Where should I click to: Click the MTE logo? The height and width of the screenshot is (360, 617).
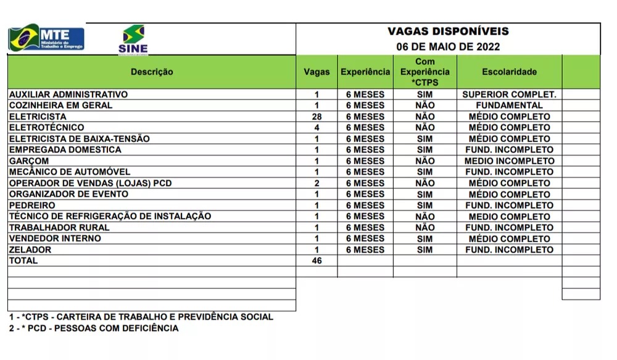tap(46, 38)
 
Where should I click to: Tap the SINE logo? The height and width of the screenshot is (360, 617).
tap(133, 40)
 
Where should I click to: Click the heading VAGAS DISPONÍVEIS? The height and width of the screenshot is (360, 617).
tap(448, 31)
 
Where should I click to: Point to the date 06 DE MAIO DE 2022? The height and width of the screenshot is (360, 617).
tap(448, 46)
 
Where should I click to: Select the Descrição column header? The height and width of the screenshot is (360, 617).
tap(152, 72)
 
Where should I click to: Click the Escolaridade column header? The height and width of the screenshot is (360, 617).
tap(509, 72)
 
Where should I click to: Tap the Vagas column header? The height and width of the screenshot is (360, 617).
tap(317, 72)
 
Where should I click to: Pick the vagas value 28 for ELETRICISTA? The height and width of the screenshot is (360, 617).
tap(317, 117)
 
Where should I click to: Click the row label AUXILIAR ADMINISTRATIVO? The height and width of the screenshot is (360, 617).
tap(68, 94)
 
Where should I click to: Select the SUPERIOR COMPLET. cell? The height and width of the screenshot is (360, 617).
tap(509, 94)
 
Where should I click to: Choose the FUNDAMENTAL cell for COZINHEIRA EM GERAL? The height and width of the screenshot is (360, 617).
tap(509, 106)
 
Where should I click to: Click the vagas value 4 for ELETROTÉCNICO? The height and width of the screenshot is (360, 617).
tap(317, 128)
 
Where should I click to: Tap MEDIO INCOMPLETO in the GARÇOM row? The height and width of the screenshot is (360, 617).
tap(509, 161)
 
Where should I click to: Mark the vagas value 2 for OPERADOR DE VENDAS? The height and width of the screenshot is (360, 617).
tap(317, 183)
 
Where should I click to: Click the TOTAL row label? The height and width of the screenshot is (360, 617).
tap(23, 261)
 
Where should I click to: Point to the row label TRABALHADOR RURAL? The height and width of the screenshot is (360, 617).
tap(59, 227)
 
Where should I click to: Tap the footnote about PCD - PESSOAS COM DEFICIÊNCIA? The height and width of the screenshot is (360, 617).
tap(94, 329)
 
